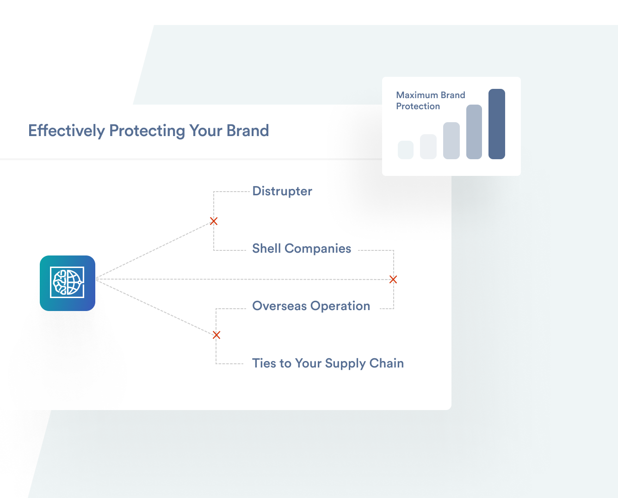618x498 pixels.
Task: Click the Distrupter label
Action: (x=282, y=191)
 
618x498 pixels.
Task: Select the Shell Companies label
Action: (x=302, y=249)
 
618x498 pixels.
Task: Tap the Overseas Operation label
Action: (x=311, y=306)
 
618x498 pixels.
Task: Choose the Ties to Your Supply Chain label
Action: (x=328, y=363)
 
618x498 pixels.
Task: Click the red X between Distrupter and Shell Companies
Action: (x=214, y=221)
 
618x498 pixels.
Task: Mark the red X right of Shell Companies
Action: (x=393, y=280)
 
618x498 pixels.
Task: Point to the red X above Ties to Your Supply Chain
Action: (x=216, y=335)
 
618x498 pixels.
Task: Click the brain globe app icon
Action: (x=68, y=283)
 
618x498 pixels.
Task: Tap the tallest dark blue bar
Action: (x=497, y=124)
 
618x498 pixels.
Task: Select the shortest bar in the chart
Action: (x=406, y=150)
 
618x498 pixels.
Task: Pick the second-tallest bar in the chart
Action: (x=474, y=132)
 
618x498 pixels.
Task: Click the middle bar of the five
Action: (x=451, y=141)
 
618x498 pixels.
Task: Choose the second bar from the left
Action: (x=428, y=147)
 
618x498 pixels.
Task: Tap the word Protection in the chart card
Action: (x=418, y=106)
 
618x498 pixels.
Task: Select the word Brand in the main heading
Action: (x=248, y=131)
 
